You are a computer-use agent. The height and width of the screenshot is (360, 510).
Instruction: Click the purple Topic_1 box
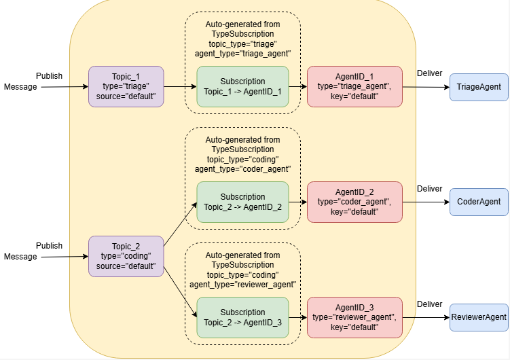(126, 86)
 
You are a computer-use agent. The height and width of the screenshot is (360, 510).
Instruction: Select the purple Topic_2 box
(126, 256)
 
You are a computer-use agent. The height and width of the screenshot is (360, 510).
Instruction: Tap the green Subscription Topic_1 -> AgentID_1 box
(242, 86)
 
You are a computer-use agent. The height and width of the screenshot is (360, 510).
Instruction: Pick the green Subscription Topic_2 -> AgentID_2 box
(242, 202)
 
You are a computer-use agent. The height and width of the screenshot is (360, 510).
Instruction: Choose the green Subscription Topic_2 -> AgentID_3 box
(242, 317)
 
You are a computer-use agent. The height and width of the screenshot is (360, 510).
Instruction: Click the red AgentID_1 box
(354, 86)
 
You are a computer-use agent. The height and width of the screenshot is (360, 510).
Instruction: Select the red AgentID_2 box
(354, 202)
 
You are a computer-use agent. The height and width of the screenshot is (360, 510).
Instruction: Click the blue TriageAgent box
(479, 87)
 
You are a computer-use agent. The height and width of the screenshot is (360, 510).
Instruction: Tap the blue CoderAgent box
(479, 202)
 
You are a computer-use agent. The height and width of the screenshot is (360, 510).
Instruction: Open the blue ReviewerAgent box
(479, 317)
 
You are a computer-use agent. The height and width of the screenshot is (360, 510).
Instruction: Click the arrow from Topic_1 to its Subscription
(180, 86)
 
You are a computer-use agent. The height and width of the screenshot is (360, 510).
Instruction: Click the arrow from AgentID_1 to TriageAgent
(426, 87)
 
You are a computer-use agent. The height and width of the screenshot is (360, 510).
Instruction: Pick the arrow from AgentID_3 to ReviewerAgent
(426, 317)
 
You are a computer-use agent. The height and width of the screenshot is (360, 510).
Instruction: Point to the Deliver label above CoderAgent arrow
(429, 188)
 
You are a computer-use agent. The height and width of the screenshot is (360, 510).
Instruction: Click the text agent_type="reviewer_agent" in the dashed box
(242, 285)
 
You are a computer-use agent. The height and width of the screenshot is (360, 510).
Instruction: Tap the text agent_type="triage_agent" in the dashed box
(242, 53)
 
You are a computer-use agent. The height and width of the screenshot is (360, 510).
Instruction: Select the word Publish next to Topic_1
(50, 75)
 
